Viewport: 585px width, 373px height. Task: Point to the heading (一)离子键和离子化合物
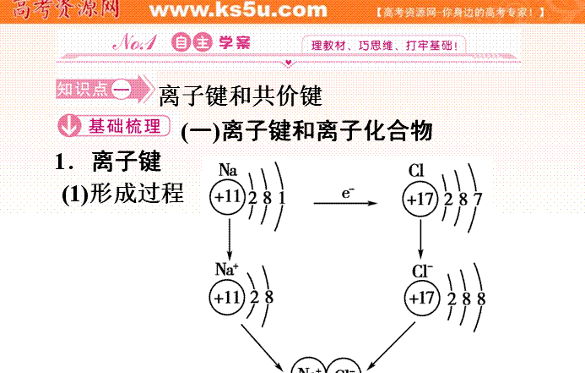click(307, 130)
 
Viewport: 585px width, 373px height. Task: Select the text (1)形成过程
click(122, 194)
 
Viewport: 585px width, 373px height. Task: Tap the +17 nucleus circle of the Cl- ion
click(422, 299)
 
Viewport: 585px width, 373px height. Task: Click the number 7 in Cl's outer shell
click(478, 200)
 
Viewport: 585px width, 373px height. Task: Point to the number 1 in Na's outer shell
click(281, 200)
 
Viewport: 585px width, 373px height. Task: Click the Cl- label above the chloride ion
click(422, 272)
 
